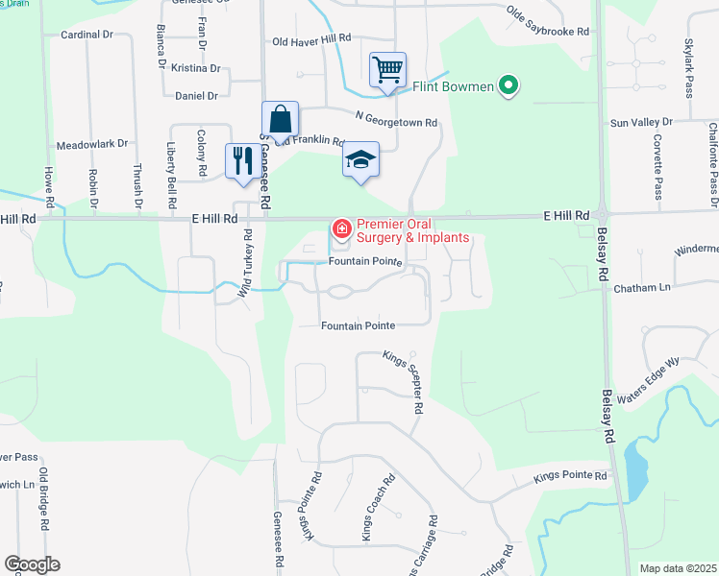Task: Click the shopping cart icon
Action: pyautogui.click(x=387, y=69)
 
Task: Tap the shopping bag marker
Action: pyautogui.click(x=280, y=120)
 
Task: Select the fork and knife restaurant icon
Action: pyautogui.click(x=239, y=159)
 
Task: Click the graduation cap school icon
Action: pyautogui.click(x=361, y=159)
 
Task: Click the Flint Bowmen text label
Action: pyautogui.click(x=453, y=87)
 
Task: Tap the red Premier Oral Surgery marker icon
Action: pyautogui.click(x=340, y=228)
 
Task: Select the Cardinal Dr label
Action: pyautogui.click(x=87, y=35)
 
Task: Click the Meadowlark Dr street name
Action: pyautogui.click(x=92, y=144)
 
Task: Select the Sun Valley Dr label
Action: pyautogui.click(x=641, y=124)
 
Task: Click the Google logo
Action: pyautogui.click(x=33, y=564)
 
